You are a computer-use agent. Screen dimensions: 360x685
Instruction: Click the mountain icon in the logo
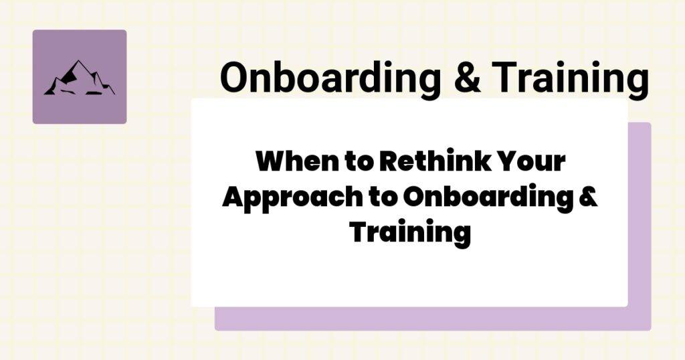tap(79, 78)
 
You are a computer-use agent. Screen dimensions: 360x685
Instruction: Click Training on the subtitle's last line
tap(410, 233)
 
